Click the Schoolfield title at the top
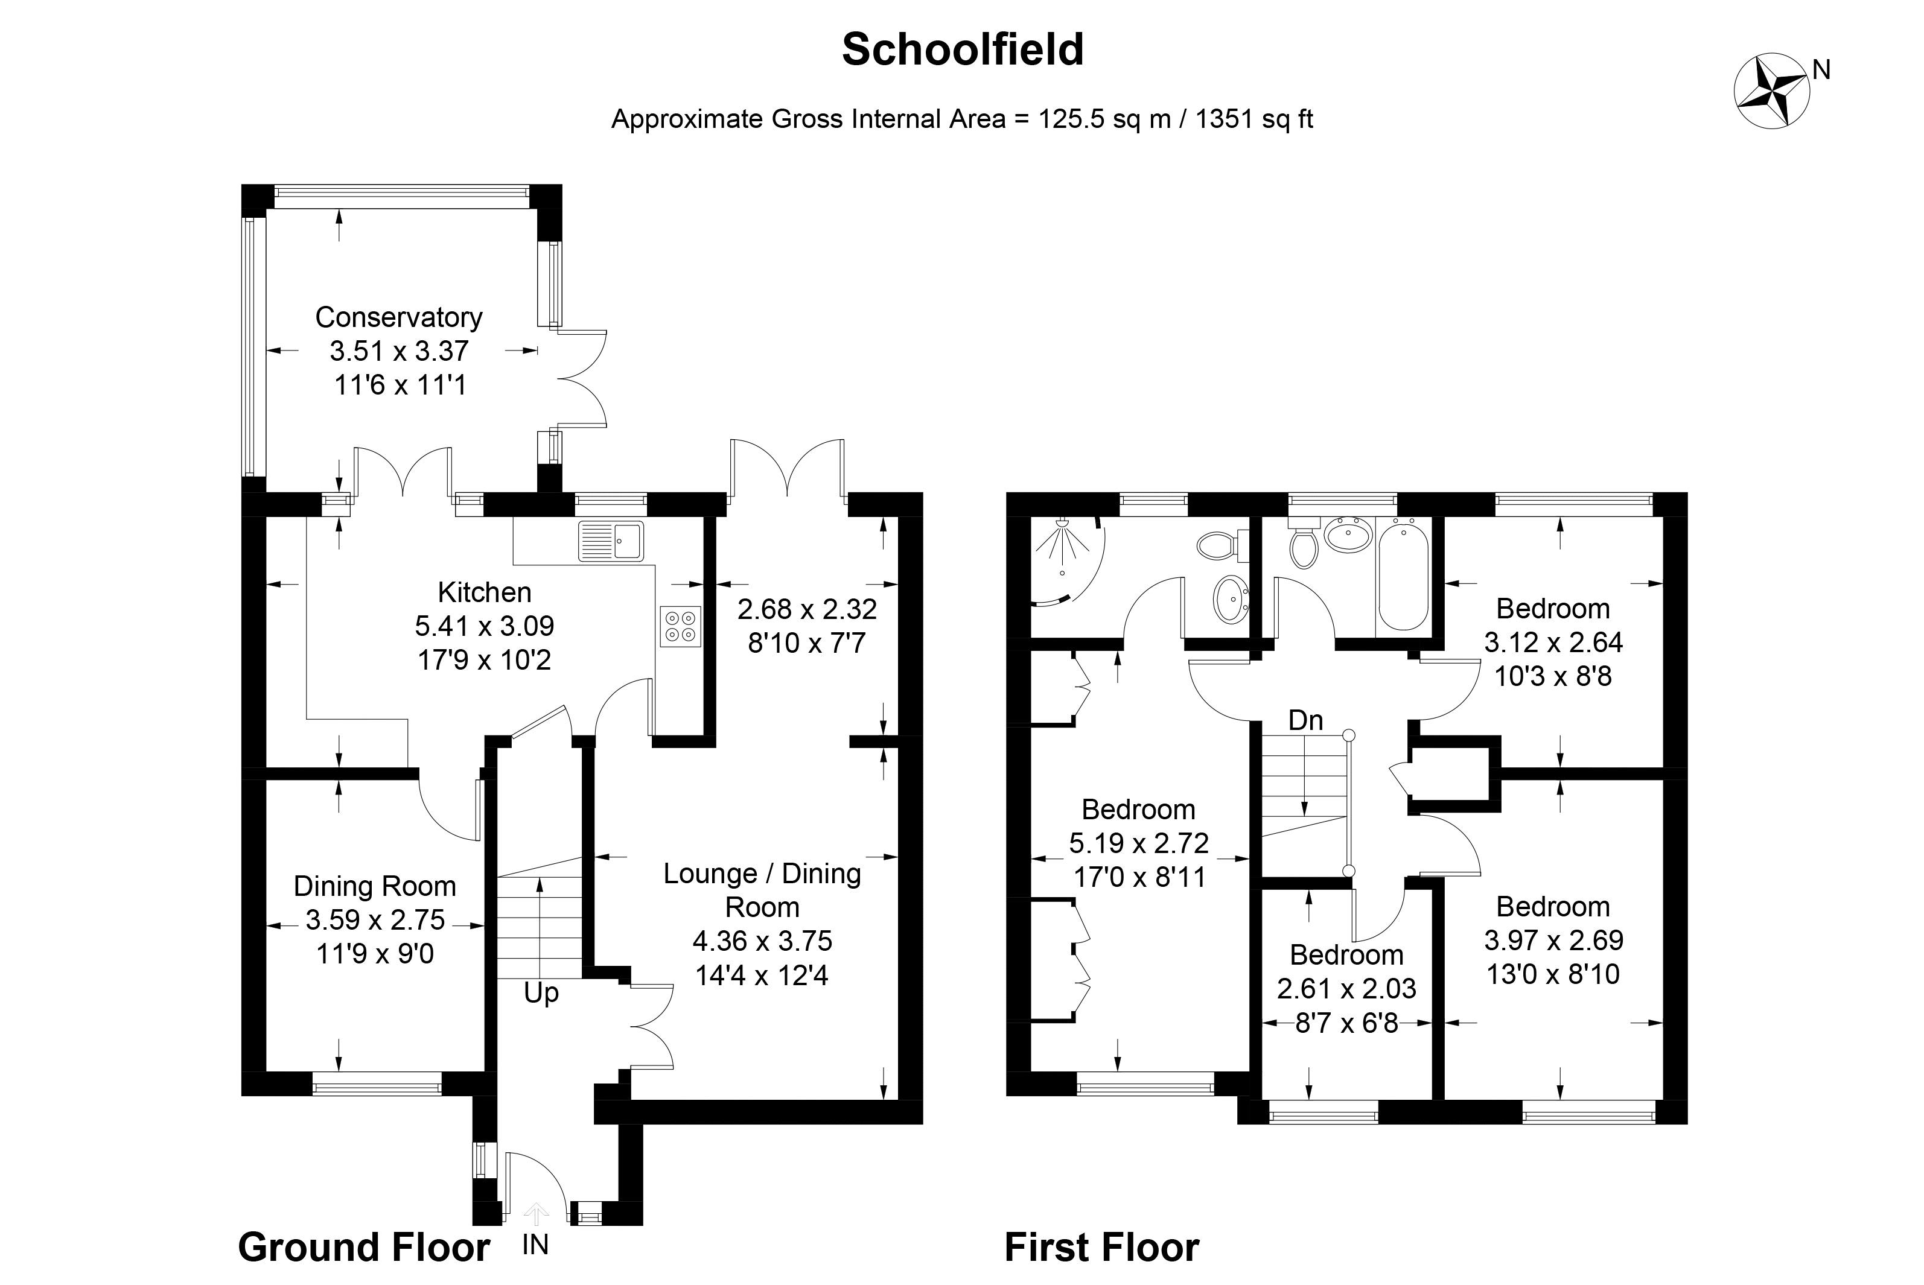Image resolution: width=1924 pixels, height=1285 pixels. (963, 49)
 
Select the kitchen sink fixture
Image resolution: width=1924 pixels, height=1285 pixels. (611, 541)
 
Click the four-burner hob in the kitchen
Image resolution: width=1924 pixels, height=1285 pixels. (680, 627)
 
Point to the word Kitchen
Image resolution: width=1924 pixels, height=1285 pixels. (485, 592)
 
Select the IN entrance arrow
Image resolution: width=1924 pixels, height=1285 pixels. (536, 1213)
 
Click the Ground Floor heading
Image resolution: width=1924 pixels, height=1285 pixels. (364, 1248)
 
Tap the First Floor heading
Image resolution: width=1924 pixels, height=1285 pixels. (1102, 1248)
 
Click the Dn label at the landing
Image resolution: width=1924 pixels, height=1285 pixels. (1306, 720)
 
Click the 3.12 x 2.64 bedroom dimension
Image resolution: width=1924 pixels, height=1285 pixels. (1553, 642)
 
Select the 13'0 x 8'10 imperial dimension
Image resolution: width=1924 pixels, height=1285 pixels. (1553, 974)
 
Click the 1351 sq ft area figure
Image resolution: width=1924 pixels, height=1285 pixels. (1254, 119)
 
